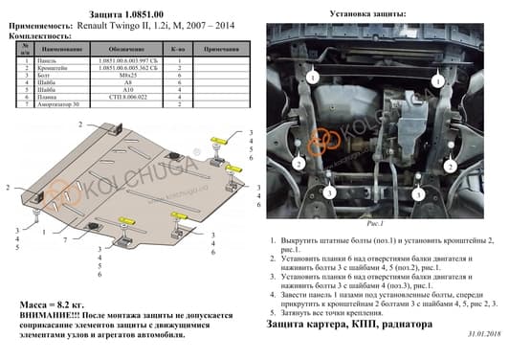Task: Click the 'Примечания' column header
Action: click(x=226, y=47)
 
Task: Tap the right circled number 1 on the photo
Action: click(x=436, y=83)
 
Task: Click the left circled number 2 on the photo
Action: click(x=299, y=165)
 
